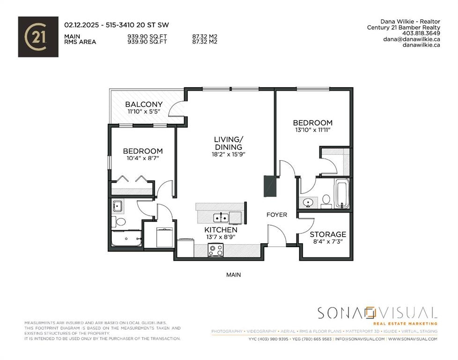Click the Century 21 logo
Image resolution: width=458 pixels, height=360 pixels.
coord(38,37)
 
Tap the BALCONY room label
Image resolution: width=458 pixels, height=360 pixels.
coord(144,104)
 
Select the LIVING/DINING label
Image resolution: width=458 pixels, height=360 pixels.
coord(229,143)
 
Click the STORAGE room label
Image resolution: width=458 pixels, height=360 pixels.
coord(328,234)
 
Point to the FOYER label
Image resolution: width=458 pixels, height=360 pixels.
coord(277,215)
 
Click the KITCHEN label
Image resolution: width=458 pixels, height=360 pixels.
coord(221,230)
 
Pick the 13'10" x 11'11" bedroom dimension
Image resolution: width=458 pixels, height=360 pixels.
coord(312,129)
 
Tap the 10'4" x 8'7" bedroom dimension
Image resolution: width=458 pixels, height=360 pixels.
coord(143,158)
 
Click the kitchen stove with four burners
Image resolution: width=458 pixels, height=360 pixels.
coord(215,250)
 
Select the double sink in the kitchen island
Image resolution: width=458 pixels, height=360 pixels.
coord(221,217)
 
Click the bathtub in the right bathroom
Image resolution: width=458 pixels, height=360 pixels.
coord(342,193)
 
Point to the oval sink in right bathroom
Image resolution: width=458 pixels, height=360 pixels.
coord(308,202)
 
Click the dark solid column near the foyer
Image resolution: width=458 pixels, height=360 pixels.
coord(270,186)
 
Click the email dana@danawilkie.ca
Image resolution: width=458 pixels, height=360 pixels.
coord(412,39)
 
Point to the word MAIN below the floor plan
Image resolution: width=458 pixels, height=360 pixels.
coord(234,275)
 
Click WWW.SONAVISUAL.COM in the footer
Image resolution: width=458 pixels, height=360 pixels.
coord(413,339)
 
